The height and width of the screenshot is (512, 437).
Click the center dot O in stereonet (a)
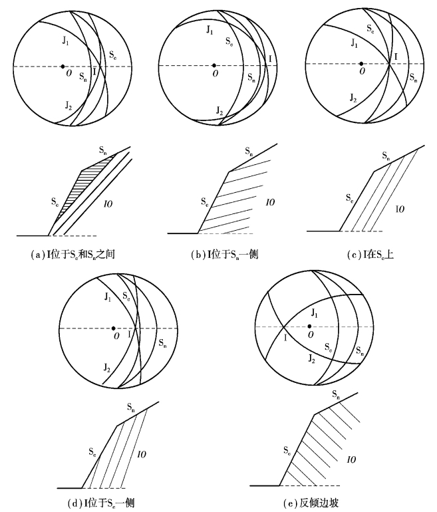click(x=63, y=66)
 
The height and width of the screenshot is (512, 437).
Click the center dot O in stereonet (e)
click(x=309, y=326)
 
